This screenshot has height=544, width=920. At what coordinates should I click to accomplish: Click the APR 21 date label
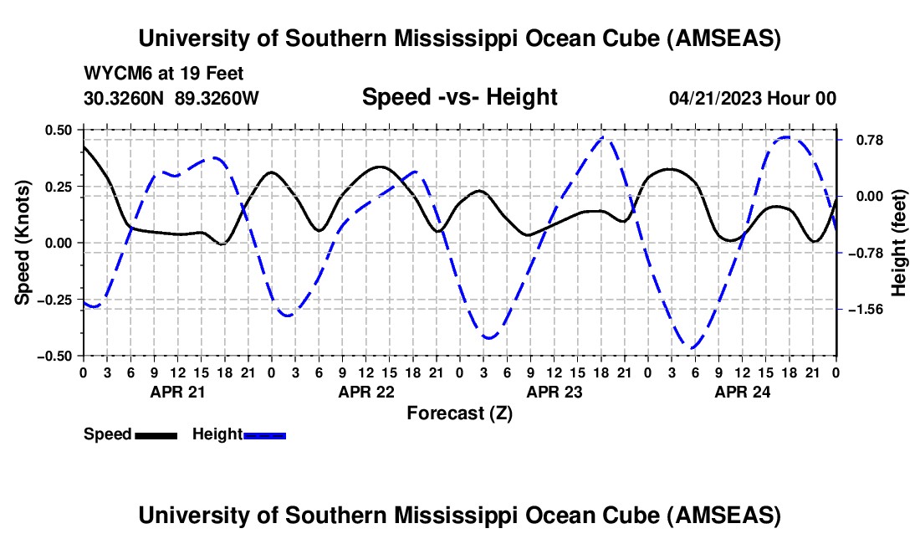click(x=177, y=391)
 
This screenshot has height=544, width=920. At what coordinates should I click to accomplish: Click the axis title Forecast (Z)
click(x=459, y=413)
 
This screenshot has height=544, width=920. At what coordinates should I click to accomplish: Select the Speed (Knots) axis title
click(x=25, y=243)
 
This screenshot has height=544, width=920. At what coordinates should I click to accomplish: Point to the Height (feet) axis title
click(x=899, y=243)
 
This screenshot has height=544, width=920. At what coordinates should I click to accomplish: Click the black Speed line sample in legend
click(x=156, y=434)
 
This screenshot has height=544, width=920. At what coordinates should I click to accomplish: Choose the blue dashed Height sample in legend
click(x=264, y=434)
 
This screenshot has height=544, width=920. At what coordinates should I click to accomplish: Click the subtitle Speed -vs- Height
click(x=459, y=97)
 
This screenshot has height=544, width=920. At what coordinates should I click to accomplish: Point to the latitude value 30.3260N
click(x=125, y=98)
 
